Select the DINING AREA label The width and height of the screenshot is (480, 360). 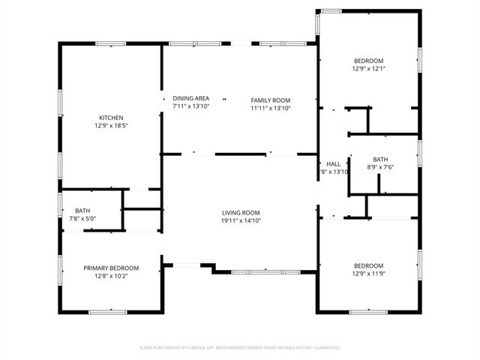(190, 98)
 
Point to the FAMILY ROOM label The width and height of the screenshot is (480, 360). (270, 100)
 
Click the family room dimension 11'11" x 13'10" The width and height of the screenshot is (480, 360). (270, 108)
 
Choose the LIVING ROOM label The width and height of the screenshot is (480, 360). (240, 212)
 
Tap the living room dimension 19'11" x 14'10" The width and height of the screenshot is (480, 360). (240, 220)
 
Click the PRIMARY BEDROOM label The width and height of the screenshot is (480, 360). (111, 268)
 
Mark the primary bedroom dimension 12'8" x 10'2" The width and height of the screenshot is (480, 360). (111, 276)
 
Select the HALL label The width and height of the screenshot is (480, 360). (333, 163)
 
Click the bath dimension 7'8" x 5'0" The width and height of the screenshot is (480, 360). (82, 219)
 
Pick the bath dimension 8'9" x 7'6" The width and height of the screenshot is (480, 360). (380, 167)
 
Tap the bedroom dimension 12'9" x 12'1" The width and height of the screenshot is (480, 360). (368, 69)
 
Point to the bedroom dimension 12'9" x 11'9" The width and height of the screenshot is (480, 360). (368, 274)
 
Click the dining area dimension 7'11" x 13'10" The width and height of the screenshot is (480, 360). (190, 106)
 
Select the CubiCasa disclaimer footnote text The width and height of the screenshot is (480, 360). (240, 348)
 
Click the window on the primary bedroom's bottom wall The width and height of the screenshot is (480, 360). (107, 311)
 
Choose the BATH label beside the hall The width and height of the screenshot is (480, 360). (380, 158)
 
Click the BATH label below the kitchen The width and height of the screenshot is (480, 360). (82, 211)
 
